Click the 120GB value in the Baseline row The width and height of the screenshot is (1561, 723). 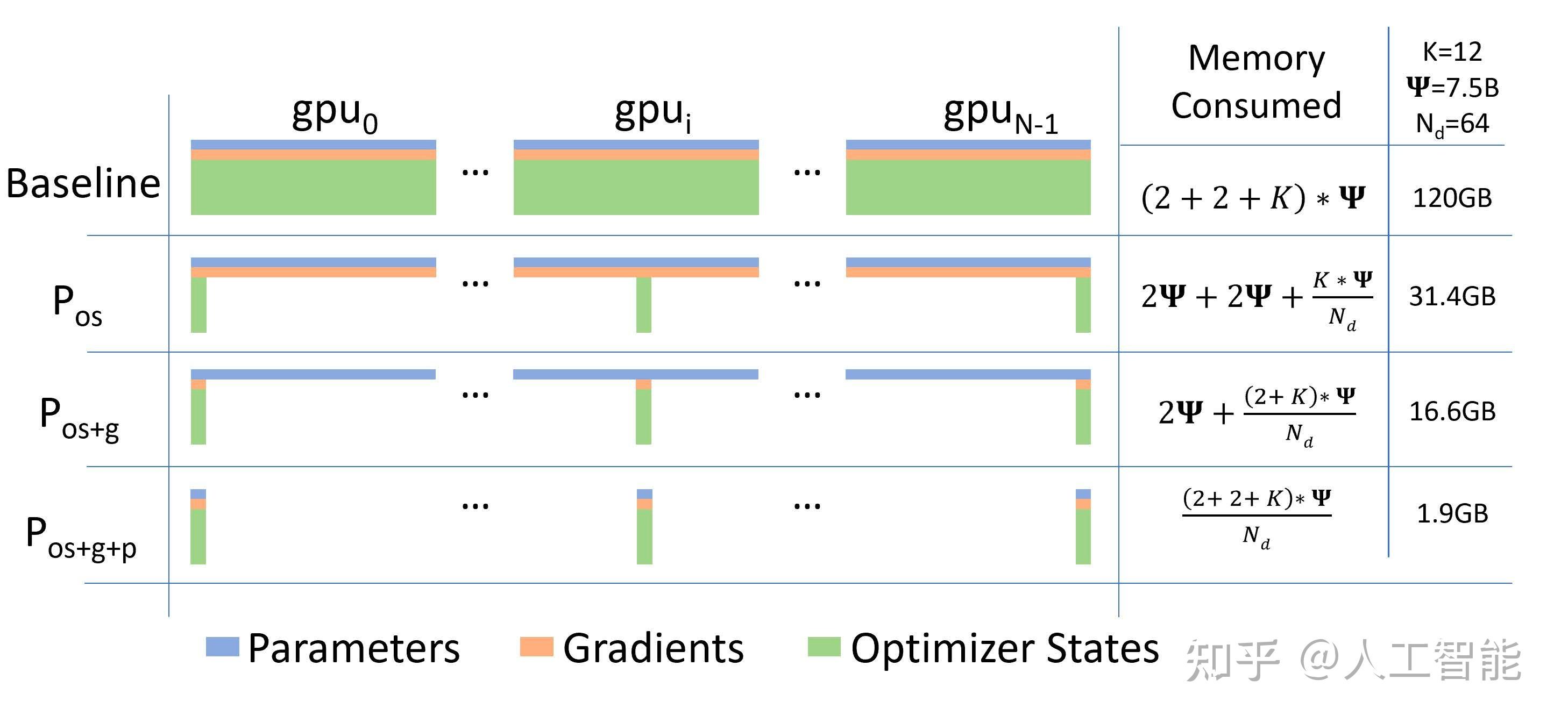(x=1452, y=198)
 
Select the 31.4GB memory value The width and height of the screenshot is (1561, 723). (x=1452, y=297)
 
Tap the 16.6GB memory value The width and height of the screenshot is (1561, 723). (x=1452, y=412)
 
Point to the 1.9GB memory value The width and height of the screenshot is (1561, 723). (x=1452, y=514)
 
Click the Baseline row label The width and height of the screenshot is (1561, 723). (x=83, y=183)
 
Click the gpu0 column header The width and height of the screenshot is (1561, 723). (x=335, y=114)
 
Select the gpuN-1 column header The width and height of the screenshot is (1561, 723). (x=1001, y=114)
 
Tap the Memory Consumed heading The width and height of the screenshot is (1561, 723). (x=1256, y=82)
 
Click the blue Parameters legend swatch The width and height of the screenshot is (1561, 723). (x=222, y=646)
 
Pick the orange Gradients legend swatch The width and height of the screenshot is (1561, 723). (x=536, y=646)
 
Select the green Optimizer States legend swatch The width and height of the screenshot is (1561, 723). (x=824, y=646)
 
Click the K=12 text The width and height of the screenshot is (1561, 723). (x=1452, y=52)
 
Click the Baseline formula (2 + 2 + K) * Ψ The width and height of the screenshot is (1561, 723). (x=1253, y=198)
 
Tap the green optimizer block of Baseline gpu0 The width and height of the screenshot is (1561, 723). (x=313, y=187)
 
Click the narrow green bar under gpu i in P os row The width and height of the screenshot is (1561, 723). (x=643, y=305)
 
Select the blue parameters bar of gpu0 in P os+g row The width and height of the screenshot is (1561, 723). (x=313, y=374)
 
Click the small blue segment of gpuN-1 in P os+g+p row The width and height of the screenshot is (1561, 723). (x=1083, y=494)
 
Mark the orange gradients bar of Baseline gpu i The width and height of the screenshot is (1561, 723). (x=636, y=155)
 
